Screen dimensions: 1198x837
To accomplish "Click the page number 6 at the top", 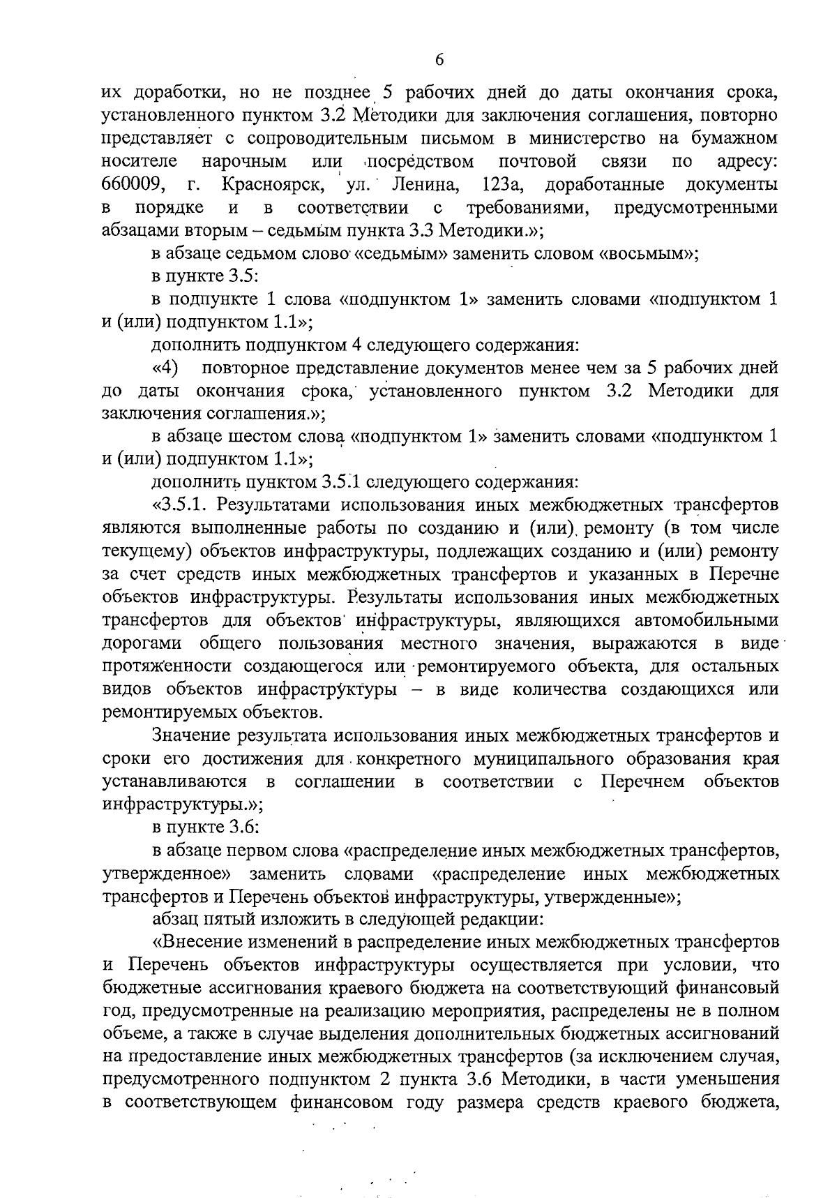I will pyautogui.click(x=439, y=60).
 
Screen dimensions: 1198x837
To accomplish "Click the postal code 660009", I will pyautogui.click(x=133, y=186).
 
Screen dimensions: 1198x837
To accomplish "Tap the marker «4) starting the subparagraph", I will pyautogui.click(x=165, y=368).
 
